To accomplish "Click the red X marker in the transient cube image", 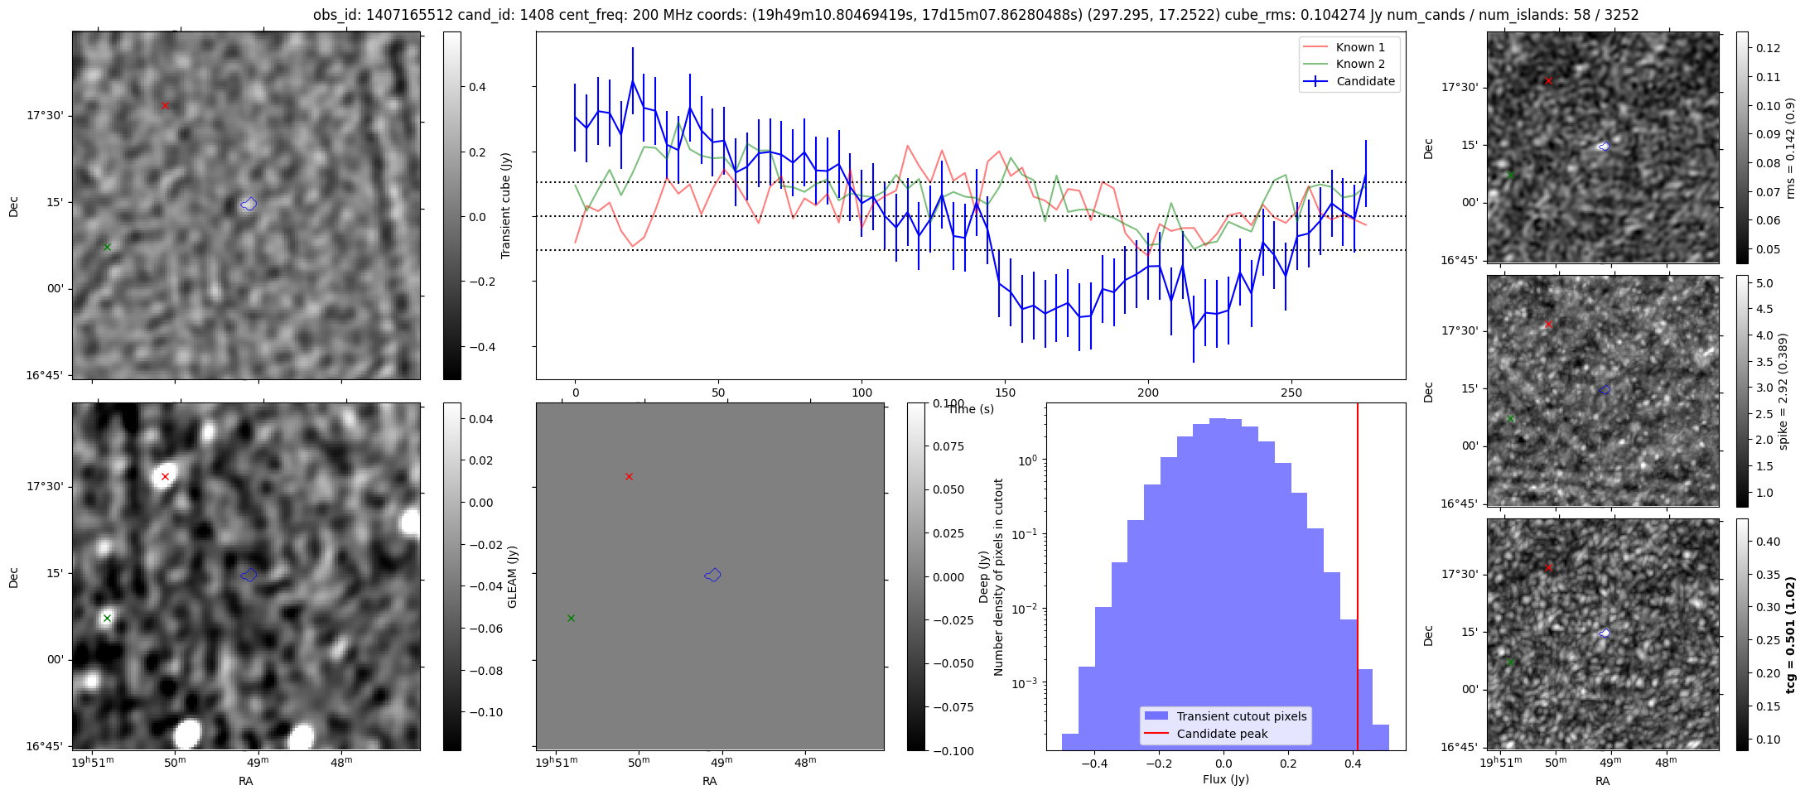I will [x=165, y=105].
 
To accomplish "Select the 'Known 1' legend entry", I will [x=1360, y=47].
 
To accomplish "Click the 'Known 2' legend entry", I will [x=1360, y=64].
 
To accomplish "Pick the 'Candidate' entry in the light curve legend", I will [x=1365, y=81].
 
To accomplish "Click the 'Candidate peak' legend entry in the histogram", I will [x=1222, y=734].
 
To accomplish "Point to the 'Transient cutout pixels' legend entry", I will [x=1241, y=716].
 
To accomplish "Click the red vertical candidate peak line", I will [x=1357, y=580].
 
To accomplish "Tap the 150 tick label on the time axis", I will [x=1005, y=393].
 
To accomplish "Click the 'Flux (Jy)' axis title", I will [x=1225, y=779].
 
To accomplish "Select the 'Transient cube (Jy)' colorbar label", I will [x=505, y=205].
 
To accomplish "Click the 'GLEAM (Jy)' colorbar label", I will [x=512, y=576].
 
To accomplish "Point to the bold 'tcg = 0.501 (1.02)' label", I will [x=1790, y=634].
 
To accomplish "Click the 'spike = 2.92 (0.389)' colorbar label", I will [x=1783, y=391].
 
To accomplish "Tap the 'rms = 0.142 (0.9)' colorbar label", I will [x=1790, y=147].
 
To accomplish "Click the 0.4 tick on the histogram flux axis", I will [x=1354, y=763].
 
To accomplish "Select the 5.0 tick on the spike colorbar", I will [x=1764, y=283].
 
